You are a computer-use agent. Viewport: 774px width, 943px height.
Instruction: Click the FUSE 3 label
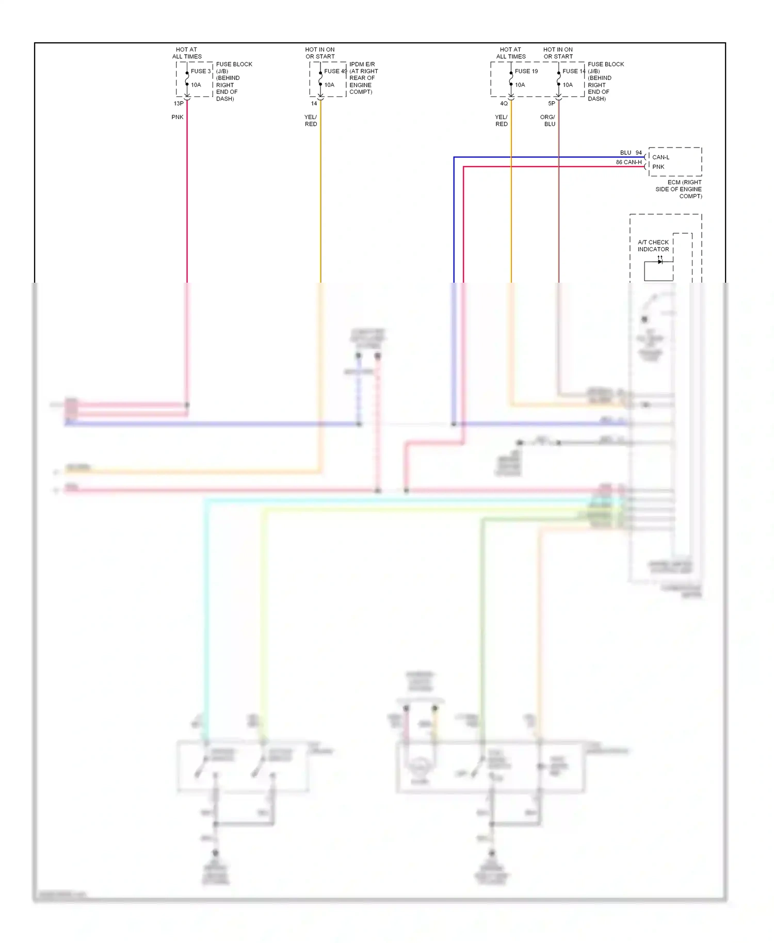tap(201, 71)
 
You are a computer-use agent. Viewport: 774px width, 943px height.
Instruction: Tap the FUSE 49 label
tap(335, 71)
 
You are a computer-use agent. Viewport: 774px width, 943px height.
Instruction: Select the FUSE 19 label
tap(526, 71)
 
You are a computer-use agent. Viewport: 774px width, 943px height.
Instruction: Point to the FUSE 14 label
tap(573, 71)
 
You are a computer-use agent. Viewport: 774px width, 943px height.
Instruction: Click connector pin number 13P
tap(179, 104)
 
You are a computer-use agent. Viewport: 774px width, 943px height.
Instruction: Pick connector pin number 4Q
tap(504, 104)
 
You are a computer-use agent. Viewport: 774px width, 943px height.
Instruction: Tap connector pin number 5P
tap(551, 104)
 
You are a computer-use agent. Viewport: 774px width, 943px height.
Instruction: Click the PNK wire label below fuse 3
tap(178, 117)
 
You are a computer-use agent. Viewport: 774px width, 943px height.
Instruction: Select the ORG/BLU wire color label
tap(548, 121)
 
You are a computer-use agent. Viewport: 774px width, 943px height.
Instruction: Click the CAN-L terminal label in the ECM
tap(660, 157)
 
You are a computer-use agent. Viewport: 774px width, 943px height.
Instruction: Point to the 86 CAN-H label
tap(628, 162)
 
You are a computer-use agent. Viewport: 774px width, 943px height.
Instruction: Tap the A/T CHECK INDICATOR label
tap(653, 246)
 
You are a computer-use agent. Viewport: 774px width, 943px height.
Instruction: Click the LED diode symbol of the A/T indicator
tap(660, 262)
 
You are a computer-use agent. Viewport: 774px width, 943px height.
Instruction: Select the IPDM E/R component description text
tap(363, 78)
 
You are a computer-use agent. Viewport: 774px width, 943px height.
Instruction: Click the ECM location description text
tap(679, 189)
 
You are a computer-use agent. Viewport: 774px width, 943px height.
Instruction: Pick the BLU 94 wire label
tap(631, 153)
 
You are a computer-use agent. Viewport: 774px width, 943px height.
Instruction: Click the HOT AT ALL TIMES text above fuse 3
tap(187, 53)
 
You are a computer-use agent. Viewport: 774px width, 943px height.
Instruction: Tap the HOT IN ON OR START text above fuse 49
tap(320, 53)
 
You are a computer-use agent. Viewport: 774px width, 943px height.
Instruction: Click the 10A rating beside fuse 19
tap(520, 85)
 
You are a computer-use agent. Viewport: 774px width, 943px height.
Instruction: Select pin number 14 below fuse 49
tap(314, 104)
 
